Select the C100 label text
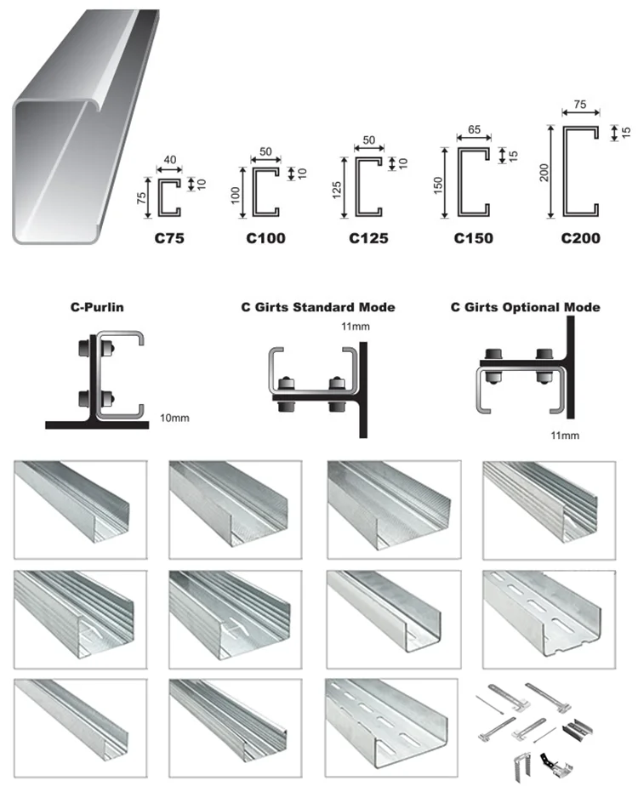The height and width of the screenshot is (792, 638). tap(266, 238)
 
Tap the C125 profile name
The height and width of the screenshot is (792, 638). tap(368, 238)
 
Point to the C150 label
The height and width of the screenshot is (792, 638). tap(473, 238)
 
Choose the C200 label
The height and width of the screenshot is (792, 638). tap(580, 238)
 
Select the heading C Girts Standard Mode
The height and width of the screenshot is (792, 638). tap(318, 307)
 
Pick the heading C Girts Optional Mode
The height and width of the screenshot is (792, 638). tap(525, 307)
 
